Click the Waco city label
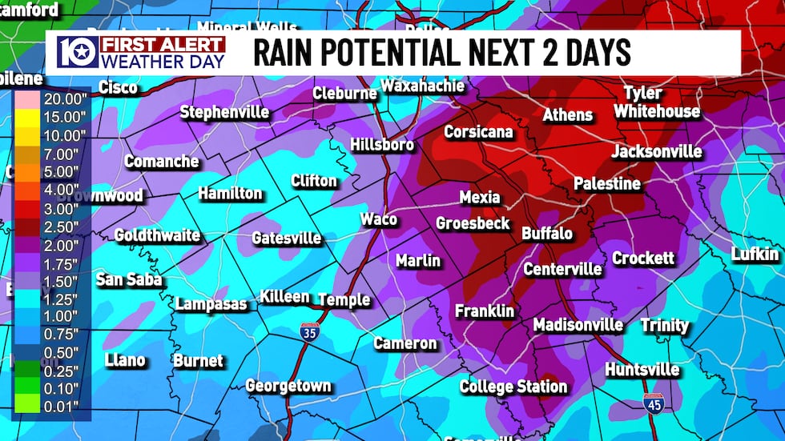click(378, 219)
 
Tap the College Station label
click(513, 387)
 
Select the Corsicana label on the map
click(478, 132)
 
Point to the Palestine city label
click(606, 184)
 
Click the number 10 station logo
click(77, 52)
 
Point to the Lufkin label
click(755, 255)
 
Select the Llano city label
click(125, 360)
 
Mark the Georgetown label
click(288, 386)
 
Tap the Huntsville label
click(642, 370)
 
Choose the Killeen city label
click(284, 297)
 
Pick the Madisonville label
click(578, 324)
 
